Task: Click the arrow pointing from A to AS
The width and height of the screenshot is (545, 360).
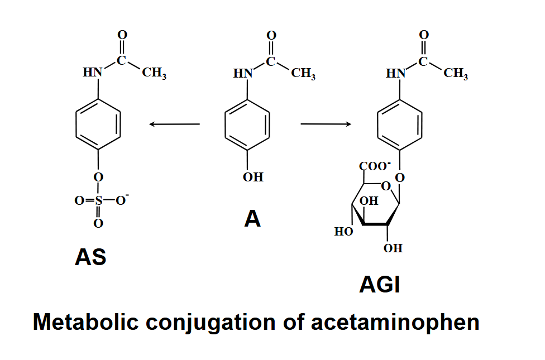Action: click(x=174, y=124)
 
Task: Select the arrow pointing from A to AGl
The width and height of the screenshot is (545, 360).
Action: click(x=326, y=123)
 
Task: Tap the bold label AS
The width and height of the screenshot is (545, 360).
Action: click(x=90, y=257)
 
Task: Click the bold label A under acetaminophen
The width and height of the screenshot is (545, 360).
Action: click(x=252, y=219)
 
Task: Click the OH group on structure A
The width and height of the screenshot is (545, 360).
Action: click(x=253, y=177)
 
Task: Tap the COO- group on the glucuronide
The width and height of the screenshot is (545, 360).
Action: click(x=375, y=166)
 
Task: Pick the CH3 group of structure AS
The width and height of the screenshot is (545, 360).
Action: click(x=154, y=73)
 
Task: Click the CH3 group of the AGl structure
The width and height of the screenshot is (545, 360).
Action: click(x=456, y=73)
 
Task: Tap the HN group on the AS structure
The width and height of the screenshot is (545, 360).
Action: click(x=93, y=73)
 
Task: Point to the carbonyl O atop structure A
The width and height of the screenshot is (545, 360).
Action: click(x=271, y=35)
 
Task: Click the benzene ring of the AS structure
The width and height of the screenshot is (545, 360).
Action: click(x=98, y=124)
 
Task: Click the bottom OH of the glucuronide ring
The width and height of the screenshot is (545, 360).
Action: click(x=393, y=248)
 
